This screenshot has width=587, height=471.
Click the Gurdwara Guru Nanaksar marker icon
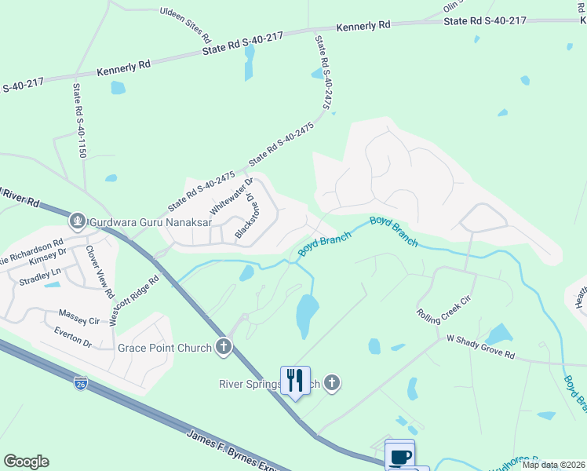click(77, 221)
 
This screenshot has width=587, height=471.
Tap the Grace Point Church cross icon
click(224, 346)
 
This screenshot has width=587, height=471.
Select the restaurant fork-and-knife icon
click(295, 381)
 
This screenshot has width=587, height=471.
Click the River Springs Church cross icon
click(332, 383)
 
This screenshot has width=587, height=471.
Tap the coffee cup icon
click(400, 455)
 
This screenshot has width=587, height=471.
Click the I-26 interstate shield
click(80, 383)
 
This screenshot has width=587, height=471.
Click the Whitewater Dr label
click(232, 197)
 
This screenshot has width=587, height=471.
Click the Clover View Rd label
click(99, 272)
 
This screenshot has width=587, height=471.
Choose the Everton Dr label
click(73, 343)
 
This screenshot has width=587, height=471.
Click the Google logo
click(26, 461)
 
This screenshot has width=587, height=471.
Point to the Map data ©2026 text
click(552, 465)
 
